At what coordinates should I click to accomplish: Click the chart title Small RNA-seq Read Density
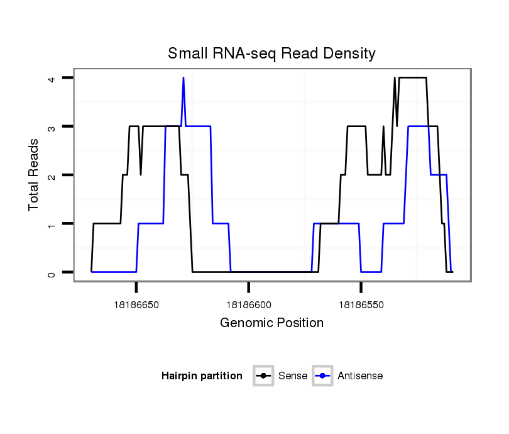[x=271, y=53]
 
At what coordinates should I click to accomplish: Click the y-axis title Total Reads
[x=34, y=175]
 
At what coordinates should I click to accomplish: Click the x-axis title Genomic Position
[x=271, y=323]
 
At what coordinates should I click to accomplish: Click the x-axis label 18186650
[x=136, y=304]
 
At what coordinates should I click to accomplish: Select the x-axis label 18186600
[x=248, y=304]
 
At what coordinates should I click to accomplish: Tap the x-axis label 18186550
[x=361, y=304]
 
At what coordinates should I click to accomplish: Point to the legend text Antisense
[x=360, y=376]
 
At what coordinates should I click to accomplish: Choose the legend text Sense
[x=293, y=376]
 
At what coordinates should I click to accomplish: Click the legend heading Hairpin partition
[x=202, y=376]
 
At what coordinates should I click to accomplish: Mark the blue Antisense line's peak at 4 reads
[x=183, y=78]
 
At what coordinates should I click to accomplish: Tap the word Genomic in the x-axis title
[x=243, y=323]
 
